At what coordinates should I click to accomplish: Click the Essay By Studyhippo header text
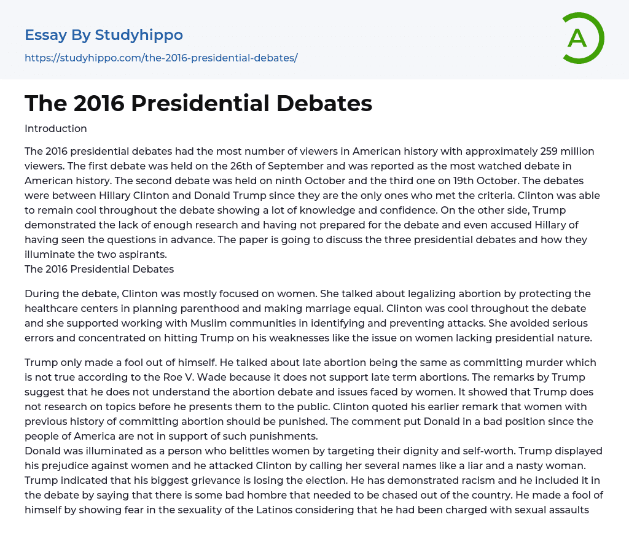[104, 35]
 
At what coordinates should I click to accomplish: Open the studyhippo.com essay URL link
[161, 58]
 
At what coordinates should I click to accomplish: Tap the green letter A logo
[578, 38]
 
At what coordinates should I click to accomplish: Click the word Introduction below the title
[56, 128]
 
